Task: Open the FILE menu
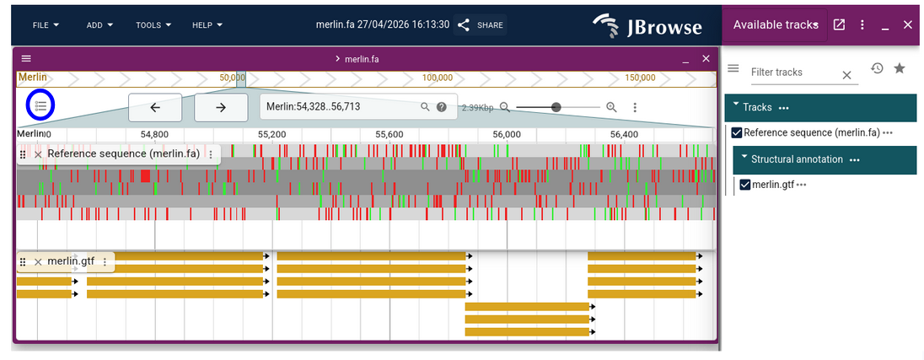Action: (46, 25)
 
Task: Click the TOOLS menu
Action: (153, 25)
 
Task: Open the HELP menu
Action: (207, 25)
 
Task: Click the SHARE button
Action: (481, 25)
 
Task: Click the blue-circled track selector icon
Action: (40, 106)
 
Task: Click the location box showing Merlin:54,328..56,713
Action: (341, 107)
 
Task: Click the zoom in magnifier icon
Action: (611, 107)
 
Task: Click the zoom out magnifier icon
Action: (505, 107)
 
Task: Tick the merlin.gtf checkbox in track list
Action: (744, 185)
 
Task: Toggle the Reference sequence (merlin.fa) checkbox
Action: (737, 133)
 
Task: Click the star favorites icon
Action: (900, 68)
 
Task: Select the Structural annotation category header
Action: (797, 159)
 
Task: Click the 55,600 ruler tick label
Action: (389, 134)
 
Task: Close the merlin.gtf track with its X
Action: (38, 262)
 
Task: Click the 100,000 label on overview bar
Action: (438, 78)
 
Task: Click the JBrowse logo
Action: (647, 25)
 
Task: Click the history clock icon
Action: (877, 68)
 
